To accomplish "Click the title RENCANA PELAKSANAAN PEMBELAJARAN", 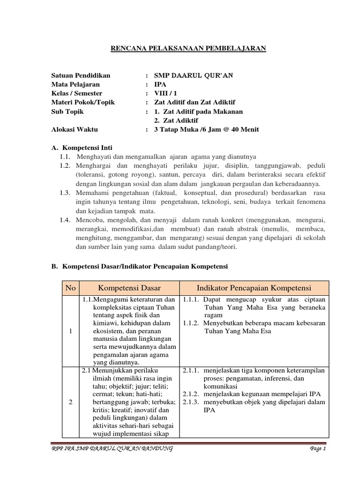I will coord(188,48).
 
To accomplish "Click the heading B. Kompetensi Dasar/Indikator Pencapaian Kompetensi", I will coord(139,266).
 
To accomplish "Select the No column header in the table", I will coord(71,287).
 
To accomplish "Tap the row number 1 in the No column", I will coord(71,331).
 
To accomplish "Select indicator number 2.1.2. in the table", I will coord(191,394).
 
